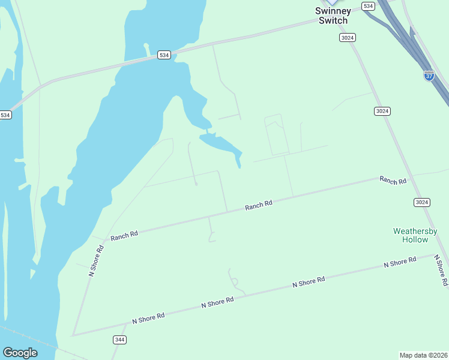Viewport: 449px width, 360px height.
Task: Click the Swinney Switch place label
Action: coord(333,16)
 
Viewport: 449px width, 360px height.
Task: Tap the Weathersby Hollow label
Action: coord(415,235)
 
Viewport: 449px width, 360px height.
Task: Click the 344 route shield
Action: coord(119,340)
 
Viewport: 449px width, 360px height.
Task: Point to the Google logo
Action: coord(20,353)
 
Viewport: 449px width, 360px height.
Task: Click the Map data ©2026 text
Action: coord(423,355)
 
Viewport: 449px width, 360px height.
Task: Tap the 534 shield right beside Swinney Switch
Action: coord(368,6)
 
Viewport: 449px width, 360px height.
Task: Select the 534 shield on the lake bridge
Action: coord(164,55)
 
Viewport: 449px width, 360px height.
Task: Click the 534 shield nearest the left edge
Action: coord(5,115)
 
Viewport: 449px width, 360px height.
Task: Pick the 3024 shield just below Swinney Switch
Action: coord(347,37)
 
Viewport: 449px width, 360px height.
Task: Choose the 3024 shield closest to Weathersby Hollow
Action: coord(421,202)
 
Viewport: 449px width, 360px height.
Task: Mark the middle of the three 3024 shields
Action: coord(382,111)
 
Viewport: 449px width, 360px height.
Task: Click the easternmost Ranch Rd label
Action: coord(393,180)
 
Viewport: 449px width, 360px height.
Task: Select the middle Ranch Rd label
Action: coord(259,205)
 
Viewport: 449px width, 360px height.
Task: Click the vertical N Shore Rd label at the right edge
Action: coord(441,269)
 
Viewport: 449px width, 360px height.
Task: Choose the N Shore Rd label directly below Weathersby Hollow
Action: coord(400,262)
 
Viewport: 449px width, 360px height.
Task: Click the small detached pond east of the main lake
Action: coord(222,144)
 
